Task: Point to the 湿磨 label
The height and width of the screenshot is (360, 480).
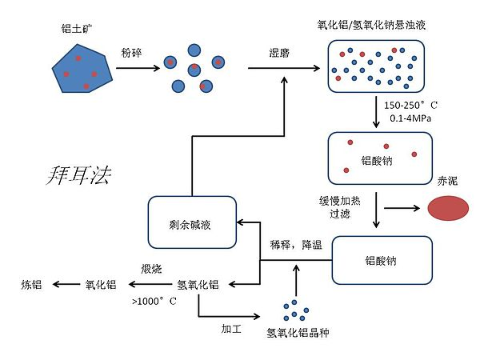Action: (x=280, y=53)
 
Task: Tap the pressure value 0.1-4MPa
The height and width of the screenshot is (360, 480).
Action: (x=409, y=118)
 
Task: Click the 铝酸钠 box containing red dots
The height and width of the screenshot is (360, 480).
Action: (x=381, y=155)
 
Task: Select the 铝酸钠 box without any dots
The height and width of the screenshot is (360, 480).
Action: (x=381, y=260)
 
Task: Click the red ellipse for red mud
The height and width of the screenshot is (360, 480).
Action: (x=450, y=209)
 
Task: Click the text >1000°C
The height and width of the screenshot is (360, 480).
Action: (x=153, y=302)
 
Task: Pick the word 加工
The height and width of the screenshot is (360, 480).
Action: (x=232, y=328)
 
